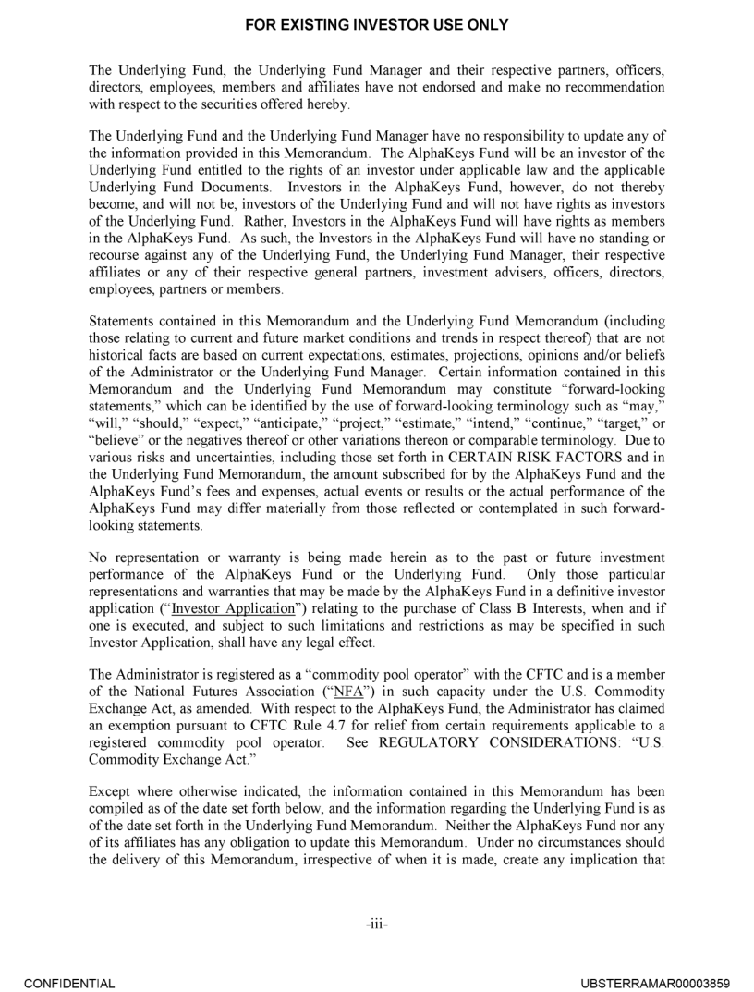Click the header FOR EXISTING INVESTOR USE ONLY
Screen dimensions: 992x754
pos(377,25)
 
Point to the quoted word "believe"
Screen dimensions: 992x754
pos(116,436)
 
